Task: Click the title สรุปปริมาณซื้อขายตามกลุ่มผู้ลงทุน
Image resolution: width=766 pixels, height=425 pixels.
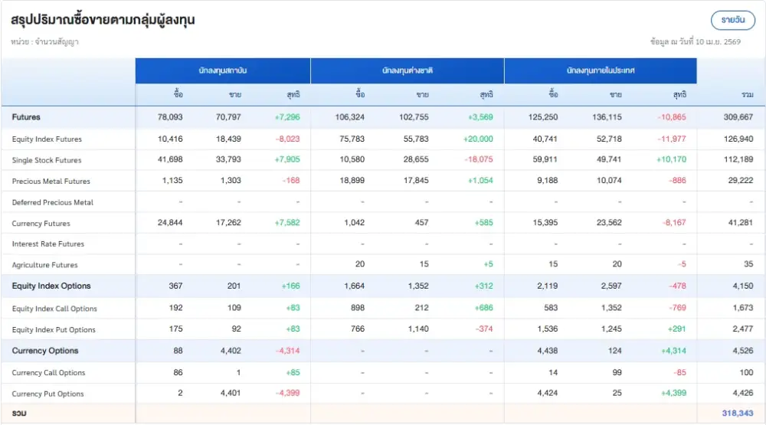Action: [103, 20]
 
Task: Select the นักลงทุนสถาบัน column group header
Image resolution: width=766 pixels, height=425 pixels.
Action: [223, 70]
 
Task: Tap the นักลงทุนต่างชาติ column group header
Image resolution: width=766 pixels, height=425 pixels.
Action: [408, 70]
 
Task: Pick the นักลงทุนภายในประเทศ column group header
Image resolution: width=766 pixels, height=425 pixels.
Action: [601, 70]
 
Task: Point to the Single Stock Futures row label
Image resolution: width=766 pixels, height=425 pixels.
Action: [47, 160]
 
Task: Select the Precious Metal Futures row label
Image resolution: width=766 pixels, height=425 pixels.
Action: [51, 181]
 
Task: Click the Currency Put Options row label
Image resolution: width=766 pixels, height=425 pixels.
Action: [48, 394]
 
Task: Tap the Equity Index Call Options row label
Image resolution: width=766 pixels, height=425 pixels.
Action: [54, 309]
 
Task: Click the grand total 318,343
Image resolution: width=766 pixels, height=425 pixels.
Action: [737, 413]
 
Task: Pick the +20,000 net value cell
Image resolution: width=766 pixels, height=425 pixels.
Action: [478, 139]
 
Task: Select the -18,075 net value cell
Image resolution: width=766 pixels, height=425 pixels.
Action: [479, 160]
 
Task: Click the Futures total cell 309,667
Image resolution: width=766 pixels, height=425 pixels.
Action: [738, 117]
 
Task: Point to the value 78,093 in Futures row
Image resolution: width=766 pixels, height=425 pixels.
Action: [170, 117]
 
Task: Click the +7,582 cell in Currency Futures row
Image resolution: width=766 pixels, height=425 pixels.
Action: [286, 224]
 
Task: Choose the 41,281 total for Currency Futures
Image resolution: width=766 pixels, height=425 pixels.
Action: [739, 224]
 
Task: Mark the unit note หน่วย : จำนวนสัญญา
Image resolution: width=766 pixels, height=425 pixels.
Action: [45, 42]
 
